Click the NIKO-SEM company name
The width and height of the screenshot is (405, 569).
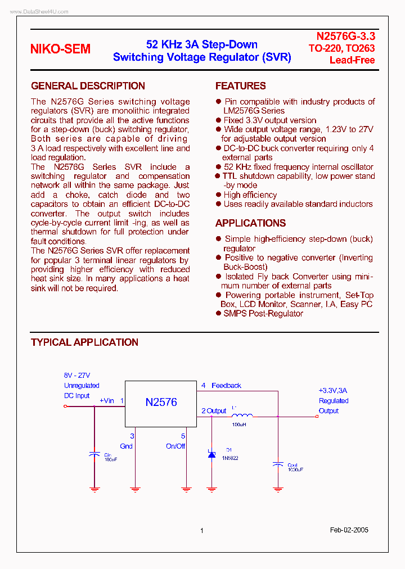[x=60, y=49]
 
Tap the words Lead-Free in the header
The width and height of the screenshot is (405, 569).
[x=352, y=60]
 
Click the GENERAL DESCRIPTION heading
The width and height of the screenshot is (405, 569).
[x=88, y=86]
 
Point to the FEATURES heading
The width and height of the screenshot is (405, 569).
[x=241, y=86]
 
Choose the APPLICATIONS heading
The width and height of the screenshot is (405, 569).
[x=250, y=223]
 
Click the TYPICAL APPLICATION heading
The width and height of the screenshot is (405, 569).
[x=84, y=342]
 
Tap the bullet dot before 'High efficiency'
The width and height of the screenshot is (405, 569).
[x=219, y=195]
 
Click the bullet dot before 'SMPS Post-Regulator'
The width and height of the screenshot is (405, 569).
[x=219, y=314]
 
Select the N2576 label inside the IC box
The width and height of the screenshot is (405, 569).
[x=161, y=402]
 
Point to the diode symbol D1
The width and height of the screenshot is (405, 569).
[x=211, y=453]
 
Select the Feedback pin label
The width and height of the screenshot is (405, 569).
[x=226, y=386]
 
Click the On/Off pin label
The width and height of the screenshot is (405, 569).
[x=175, y=446]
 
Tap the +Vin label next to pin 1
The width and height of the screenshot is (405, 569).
[x=107, y=401]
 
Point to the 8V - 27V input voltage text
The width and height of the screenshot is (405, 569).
[x=77, y=376]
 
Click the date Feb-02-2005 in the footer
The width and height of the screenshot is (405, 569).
[x=349, y=530]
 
